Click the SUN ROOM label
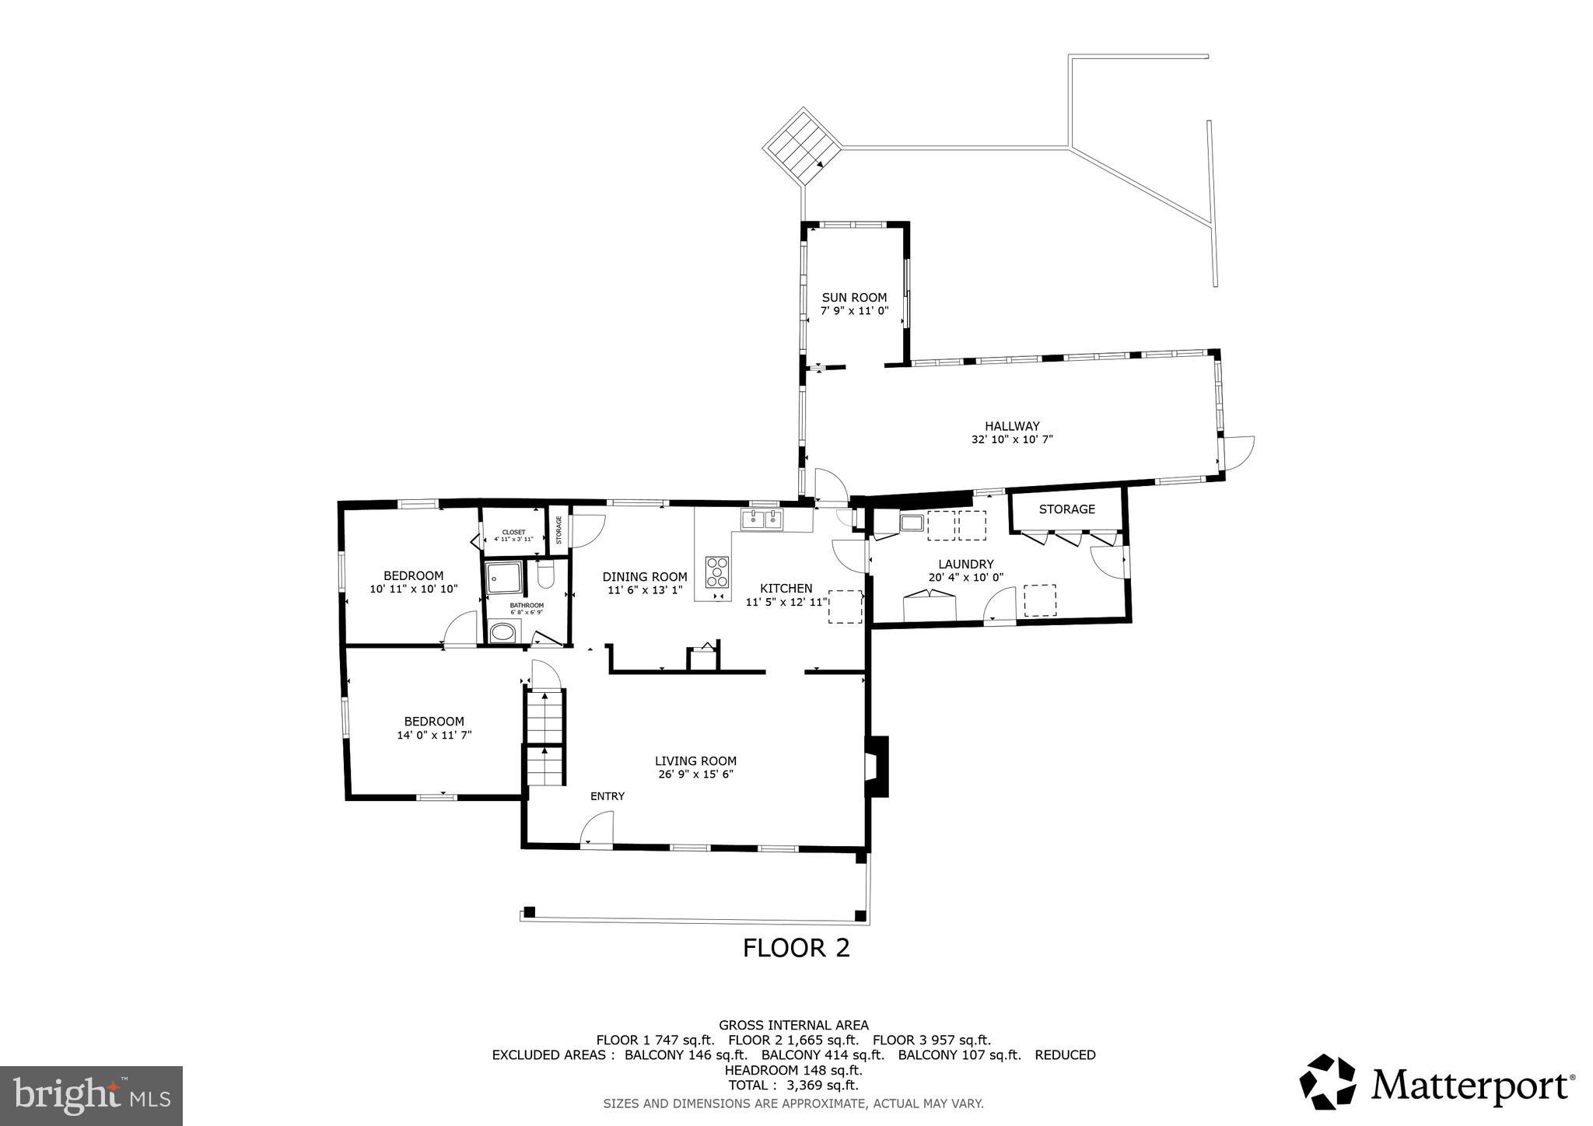854,297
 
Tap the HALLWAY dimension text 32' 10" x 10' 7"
1011,439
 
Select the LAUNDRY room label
965,564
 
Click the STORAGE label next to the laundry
1066,509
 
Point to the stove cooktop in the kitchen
717,572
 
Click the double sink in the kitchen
761,520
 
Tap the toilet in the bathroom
544,576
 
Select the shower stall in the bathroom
503,577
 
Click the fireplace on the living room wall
877,766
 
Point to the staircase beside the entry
544,739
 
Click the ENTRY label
607,796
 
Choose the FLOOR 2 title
796,948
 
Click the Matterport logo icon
1327,1082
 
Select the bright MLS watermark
91,1096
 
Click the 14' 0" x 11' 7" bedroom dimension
434,735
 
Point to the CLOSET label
513,533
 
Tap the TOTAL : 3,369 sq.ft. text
793,1086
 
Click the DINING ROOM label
644,577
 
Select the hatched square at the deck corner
802,147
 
